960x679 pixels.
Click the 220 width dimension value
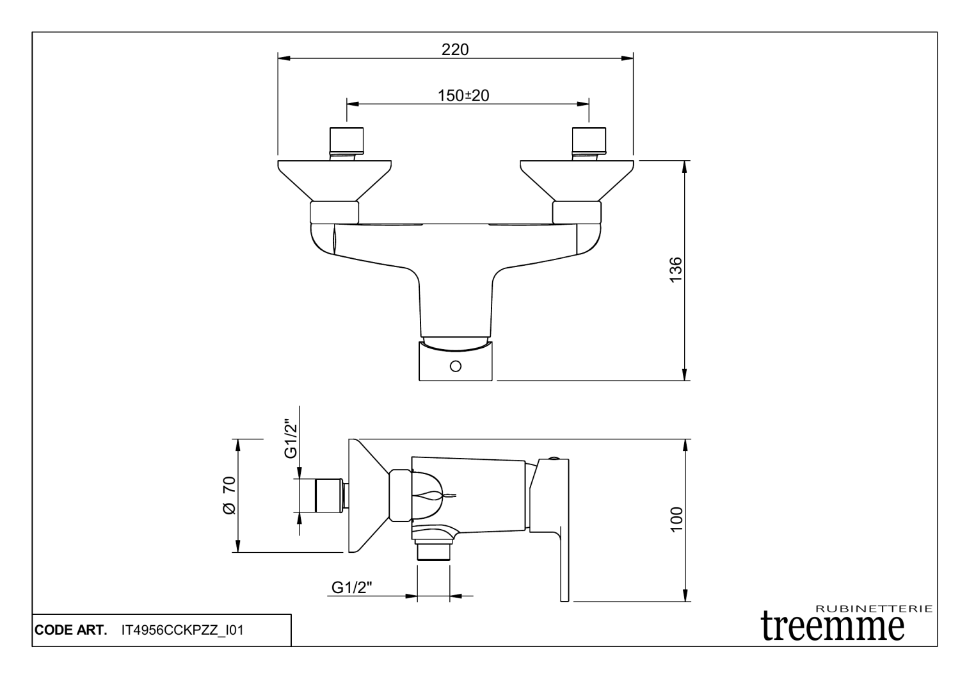click(x=455, y=49)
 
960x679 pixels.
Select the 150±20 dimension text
click(x=463, y=95)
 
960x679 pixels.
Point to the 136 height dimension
click(x=675, y=270)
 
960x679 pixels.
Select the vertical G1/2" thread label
click(x=291, y=439)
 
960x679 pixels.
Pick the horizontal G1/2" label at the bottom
click(x=352, y=587)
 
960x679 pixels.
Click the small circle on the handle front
click(x=456, y=366)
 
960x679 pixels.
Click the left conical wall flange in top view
click(x=334, y=179)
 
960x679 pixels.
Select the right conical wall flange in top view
click(x=577, y=179)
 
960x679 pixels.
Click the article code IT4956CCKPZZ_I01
click(x=182, y=630)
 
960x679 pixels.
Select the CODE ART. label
click(x=70, y=630)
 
